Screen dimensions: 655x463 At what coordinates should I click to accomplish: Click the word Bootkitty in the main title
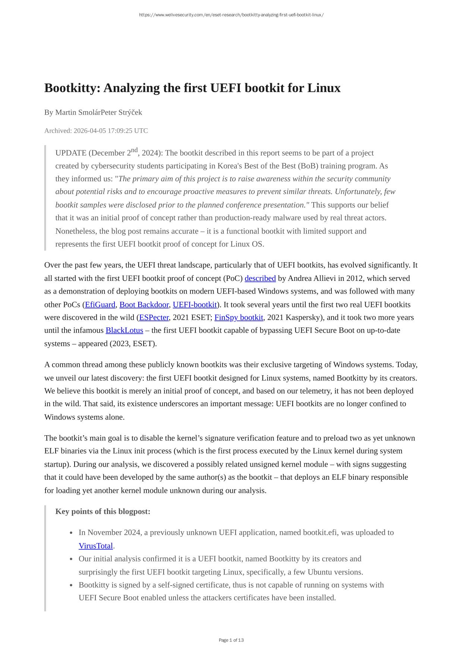[x=72, y=88]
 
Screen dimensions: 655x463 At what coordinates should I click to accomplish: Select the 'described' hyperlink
[x=260, y=279]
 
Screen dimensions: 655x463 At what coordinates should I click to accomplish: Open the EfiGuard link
[x=100, y=305]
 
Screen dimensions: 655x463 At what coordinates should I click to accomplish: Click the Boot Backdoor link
[x=144, y=305]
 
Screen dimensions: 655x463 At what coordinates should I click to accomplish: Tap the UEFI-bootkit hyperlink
[x=195, y=305]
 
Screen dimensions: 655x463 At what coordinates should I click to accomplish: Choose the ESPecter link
[x=154, y=318]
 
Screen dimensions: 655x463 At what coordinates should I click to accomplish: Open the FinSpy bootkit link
[x=239, y=318]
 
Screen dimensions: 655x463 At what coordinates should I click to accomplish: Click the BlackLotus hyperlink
[x=124, y=330]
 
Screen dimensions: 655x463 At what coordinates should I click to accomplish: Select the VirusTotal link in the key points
[x=95, y=546]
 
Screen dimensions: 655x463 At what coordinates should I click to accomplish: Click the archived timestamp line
[x=96, y=131]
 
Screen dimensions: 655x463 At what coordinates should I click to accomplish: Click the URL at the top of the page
[x=231, y=15]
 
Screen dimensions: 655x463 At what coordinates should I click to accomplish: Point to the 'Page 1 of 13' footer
[x=231, y=640]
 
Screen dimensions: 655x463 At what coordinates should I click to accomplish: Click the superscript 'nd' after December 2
[x=134, y=150]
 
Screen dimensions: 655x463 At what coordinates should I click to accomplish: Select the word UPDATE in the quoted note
[x=71, y=153]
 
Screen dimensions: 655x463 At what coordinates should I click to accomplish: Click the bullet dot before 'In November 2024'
[x=71, y=533]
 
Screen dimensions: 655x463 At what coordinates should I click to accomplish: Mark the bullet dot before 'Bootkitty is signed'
[x=71, y=585]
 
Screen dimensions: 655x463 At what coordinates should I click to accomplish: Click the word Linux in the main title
[x=324, y=88]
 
